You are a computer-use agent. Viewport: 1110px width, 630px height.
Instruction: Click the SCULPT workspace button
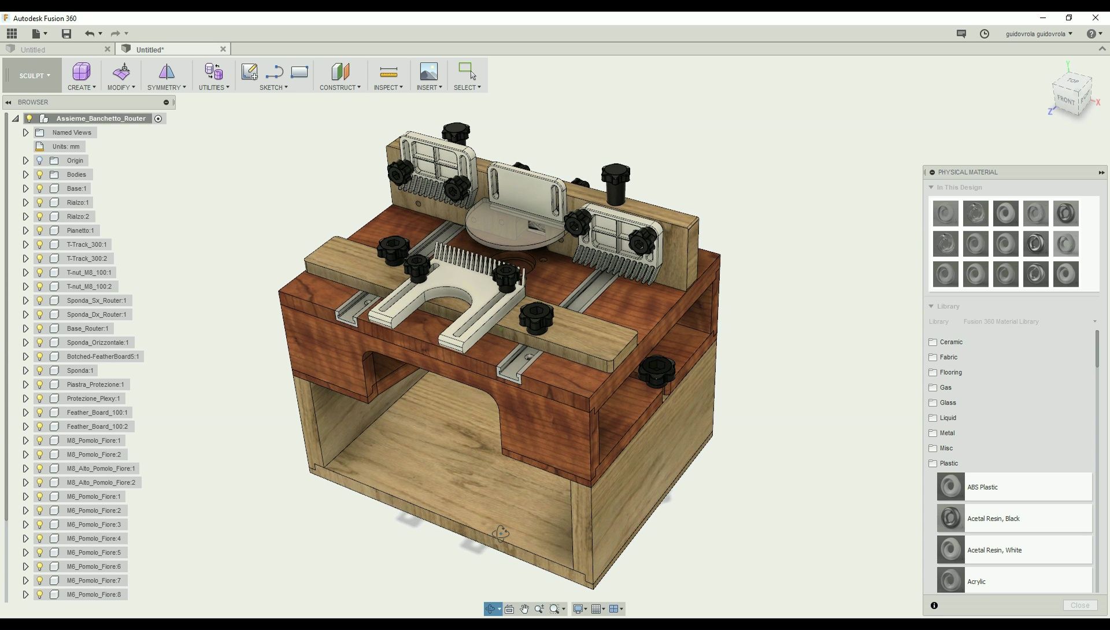34,76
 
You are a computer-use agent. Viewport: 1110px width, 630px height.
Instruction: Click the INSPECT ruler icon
388,72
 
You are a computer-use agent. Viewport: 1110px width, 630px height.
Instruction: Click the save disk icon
66,34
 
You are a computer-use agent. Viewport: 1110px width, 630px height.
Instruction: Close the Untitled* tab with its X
223,49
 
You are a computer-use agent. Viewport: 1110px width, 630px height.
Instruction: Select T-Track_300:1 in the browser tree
86,244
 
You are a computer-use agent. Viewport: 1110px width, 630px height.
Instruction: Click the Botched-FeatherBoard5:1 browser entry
102,357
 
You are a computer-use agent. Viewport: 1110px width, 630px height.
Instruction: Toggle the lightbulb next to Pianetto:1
40,231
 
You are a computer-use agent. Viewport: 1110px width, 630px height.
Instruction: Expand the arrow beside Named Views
25,132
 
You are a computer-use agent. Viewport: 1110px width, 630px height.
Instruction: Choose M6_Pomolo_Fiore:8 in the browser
94,594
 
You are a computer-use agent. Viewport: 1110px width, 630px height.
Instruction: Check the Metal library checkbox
933,433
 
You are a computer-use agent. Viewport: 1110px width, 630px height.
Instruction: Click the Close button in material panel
1079,605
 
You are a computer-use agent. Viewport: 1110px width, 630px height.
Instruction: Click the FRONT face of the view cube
1065,100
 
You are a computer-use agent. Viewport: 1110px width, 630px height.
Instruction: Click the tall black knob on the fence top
616,182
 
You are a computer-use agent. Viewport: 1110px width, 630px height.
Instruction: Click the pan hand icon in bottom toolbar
524,609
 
